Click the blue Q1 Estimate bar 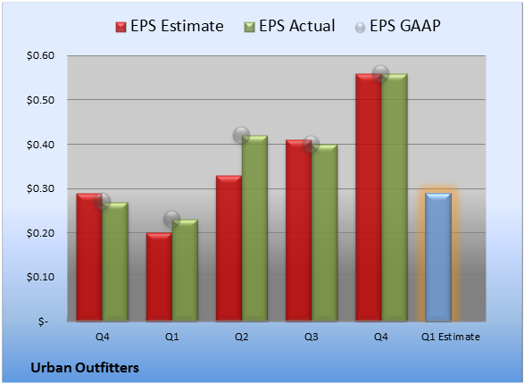[x=438, y=257]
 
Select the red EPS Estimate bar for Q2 [x=229, y=248]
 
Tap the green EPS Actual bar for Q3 [x=324, y=232]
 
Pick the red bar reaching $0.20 [x=159, y=277]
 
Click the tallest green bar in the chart [x=395, y=197]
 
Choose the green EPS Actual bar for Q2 [x=254, y=229]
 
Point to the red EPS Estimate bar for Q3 [x=298, y=230]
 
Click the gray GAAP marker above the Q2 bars [x=241, y=136]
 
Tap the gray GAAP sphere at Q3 [x=312, y=144]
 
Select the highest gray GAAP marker [x=380, y=73]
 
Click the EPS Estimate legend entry [x=170, y=26]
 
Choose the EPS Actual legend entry [x=289, y=26]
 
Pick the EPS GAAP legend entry [x=397, y=26]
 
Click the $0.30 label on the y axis [x=40, y=188]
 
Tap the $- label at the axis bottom [x=43, y=321]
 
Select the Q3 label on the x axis [x=312, y=337]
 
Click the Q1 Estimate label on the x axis [x=451, y=337]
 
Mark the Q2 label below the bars [x=241, y=337]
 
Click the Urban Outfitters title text [x=85, y=368]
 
